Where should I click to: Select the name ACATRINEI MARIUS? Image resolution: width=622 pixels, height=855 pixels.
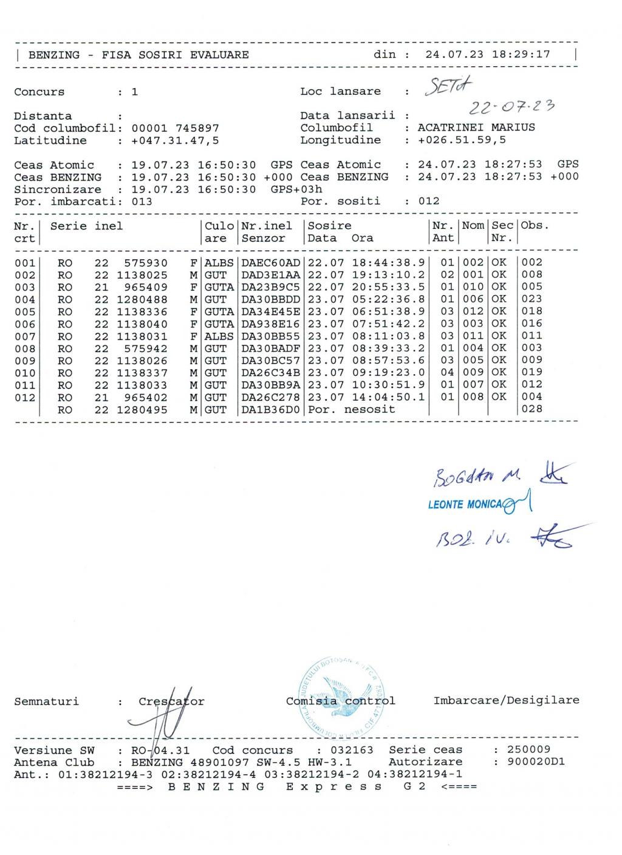[x=476, y=128]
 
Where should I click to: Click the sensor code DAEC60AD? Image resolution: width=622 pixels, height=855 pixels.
[x=271, y=262]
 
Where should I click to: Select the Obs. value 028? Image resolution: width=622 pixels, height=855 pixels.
[x=531, y=409]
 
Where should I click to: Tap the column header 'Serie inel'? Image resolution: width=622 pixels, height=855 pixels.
[x=86, y=226]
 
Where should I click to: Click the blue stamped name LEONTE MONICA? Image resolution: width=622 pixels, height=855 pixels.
[x=465, y=505]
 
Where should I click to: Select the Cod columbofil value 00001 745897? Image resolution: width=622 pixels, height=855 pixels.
[x=175, y=128]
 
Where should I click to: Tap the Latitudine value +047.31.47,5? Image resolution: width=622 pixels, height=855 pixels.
[x=175, y=140]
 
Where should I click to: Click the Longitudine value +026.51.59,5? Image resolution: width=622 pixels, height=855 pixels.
[x=462, y=140]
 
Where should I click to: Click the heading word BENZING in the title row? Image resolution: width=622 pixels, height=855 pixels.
[x=54, y=55]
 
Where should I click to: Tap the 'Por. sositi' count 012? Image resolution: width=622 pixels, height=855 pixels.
[x=429, y=201]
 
